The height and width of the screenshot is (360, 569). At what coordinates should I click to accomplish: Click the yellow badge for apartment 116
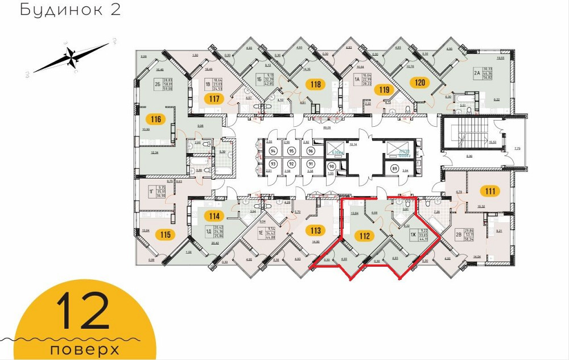coord(157,119)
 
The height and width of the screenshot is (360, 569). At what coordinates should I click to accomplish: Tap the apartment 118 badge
coord(315,85)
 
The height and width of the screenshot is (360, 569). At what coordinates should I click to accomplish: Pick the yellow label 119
coord(384,89)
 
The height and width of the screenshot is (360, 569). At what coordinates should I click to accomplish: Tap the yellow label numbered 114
coord(214,216)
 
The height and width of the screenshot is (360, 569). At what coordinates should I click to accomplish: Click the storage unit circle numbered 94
coord(273,151)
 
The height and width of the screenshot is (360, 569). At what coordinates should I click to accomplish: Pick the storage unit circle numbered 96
coord(310,151)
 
